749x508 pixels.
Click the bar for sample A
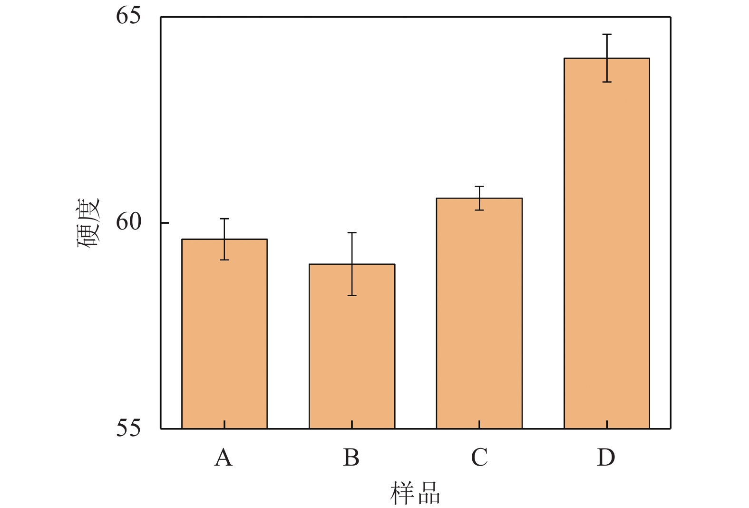click(224, 333)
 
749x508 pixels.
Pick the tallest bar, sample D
click(607, 243)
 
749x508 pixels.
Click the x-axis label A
click(224, 458)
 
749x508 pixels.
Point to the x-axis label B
click(351, 458)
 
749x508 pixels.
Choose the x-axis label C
click(479, 458)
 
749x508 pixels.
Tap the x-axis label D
click(606, 458)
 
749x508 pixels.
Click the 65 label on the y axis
click(128, 16)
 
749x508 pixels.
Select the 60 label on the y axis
click(128, 222)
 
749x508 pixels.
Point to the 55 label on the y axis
click(128, 428)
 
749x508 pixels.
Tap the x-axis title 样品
click(415, 493)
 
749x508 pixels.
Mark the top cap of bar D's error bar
click(607, 34)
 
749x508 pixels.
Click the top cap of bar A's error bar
click(224, 219)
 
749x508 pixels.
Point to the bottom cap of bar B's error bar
click(352, 296)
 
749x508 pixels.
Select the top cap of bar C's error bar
click(479, 186)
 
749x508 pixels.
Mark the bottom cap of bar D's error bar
click(607, 82)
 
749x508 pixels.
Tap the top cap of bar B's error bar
click(352, 233)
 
